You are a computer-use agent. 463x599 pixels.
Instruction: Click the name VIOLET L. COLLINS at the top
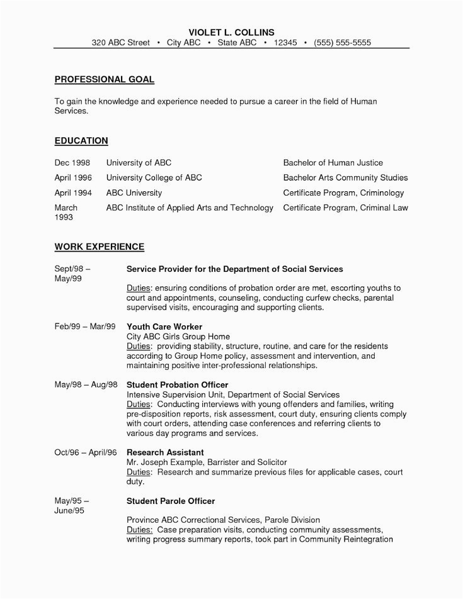tap(231, 32)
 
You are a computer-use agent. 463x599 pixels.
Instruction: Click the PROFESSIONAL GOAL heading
tap(104, 79)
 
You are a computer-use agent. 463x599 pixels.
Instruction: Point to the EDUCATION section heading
tap(81, 140)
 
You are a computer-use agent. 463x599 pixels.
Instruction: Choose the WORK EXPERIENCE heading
tap(100, 246)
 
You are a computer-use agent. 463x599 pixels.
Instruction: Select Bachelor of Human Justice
tap(333, 162)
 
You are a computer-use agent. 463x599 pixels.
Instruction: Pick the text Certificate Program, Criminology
tap(343, 193)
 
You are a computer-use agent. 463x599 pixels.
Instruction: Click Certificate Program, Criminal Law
tap(345, 208)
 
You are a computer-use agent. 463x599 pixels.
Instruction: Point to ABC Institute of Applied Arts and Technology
tap(190, 208)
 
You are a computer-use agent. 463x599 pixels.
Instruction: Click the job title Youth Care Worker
tap(164, 327)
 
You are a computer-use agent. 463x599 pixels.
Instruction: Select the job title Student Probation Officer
tap(177, 384)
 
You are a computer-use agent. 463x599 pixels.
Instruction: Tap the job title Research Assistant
tap(165, 452)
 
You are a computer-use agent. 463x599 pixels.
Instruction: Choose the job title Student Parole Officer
tap(171, 501)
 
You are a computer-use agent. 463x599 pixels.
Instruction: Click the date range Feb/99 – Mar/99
tap(85, 327)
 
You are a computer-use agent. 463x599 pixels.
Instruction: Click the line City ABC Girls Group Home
tap(178, 337)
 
